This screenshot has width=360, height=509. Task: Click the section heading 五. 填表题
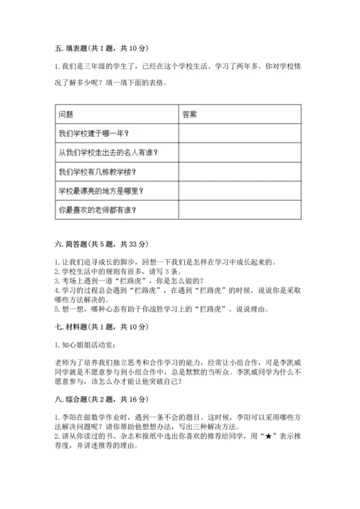pyautogui.click(x=101, y=48)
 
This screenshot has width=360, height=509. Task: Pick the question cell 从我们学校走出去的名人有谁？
pyautogui.click(x=107, y=152)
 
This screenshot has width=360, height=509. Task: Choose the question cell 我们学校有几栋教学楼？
pyautogui.click(x=96, y=171)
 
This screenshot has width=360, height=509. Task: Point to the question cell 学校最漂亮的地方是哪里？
pyautogui.click(x=101, y=191)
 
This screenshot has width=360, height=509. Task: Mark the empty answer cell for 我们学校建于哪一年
pyautogui.click(x=239, y=133)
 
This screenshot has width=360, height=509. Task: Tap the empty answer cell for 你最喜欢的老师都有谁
pyautogui.click(x=239, y=210)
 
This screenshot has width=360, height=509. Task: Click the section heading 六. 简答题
pyautogui.click(x=101, y=245)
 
